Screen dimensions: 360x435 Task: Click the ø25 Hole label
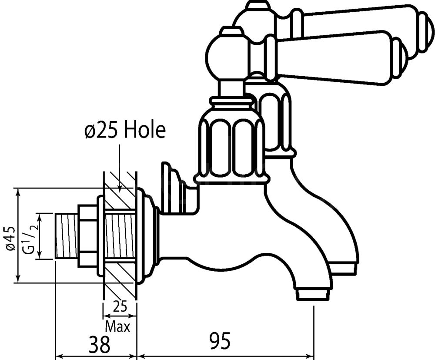click(125, 130)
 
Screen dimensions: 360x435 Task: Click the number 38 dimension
click(99, 344)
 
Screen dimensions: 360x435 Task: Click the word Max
click(117, 326)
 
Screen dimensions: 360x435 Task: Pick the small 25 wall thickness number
click(120, 307)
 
